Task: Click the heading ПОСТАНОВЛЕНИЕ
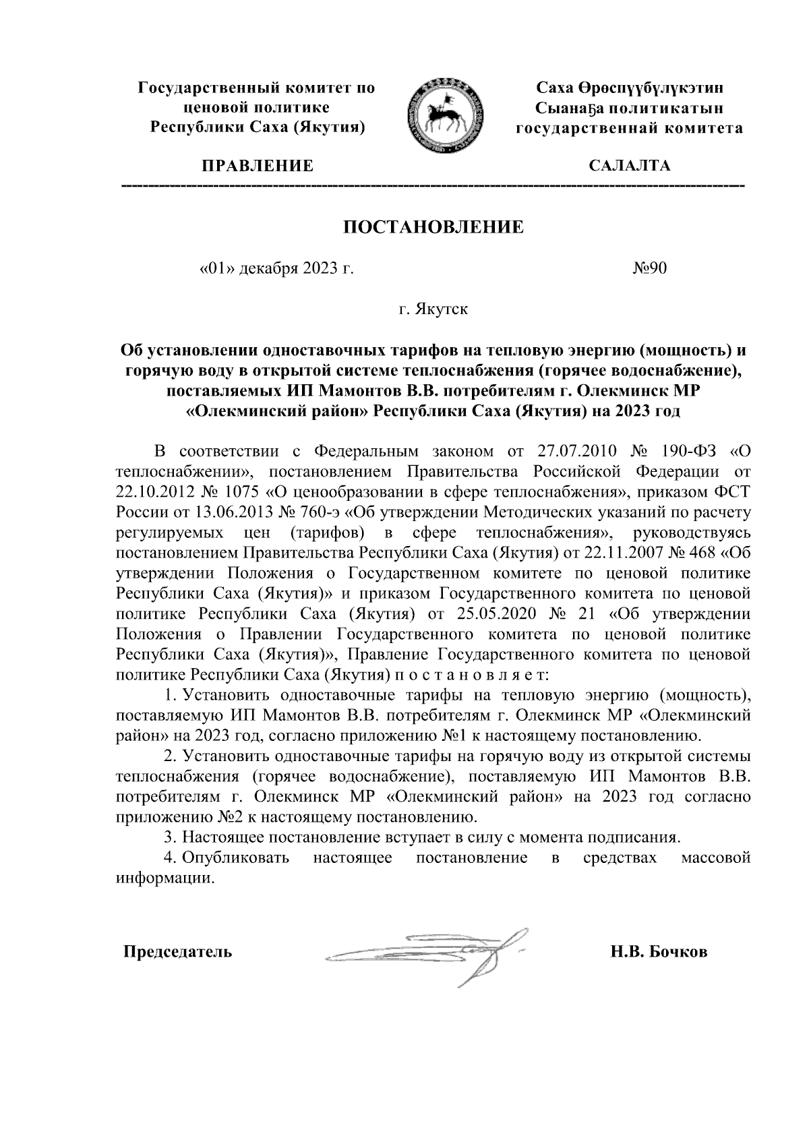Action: (x=434, y=227)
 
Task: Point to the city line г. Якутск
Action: (x=433, y=311)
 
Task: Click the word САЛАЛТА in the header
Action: (x=629, y=167)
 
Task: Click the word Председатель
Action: (x=177, y=953)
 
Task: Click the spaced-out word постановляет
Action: (x=481, y=675)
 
